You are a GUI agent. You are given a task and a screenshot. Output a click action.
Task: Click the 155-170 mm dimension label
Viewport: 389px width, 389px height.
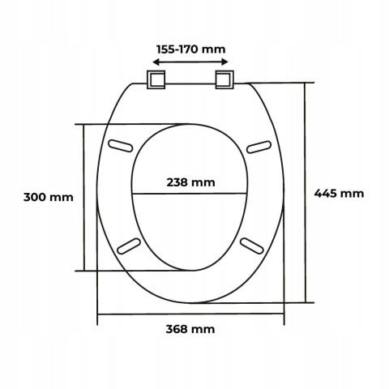pyautogui.click(x=190, y=49)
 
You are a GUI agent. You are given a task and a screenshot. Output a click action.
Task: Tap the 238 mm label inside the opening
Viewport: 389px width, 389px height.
pyautogui.click(x=190, y=182)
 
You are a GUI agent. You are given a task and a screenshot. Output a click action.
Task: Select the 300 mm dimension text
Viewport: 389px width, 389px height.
pyautogui.click(x=49, y=197)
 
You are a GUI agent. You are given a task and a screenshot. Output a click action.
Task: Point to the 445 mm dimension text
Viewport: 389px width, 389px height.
pyautogui.click(x=339, y=194)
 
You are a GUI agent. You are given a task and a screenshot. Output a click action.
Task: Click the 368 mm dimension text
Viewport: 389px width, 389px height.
pyautogui.click(x=190, y=329)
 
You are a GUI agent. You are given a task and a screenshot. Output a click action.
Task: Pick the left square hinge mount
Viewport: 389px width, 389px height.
pyautogui.click(x=156, y=79)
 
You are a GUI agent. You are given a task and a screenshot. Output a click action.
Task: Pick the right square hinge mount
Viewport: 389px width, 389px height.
pyautogui.click(x=224, y=79)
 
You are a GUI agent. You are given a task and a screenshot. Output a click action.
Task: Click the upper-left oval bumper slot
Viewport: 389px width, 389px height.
pyautogui.click(x=121, y=145)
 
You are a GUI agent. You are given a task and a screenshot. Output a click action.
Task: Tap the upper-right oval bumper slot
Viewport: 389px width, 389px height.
pyautogui.click(x=259, y=147)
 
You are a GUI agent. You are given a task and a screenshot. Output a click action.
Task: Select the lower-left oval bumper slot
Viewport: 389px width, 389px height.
pyautogui.click(x=129, y=246)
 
